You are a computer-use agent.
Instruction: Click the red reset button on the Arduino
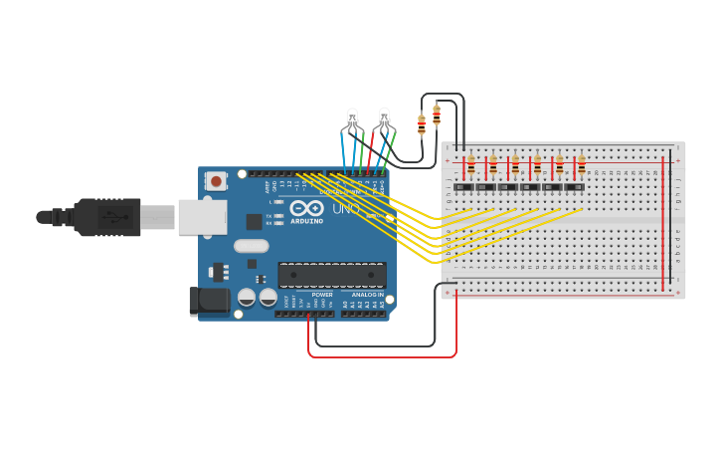[x=215, y=181]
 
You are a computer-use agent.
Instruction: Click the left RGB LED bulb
[x=352, y=118]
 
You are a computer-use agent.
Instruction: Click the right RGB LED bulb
[x=385, y=116]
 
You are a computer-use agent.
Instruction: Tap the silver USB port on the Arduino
[x=202, y=216]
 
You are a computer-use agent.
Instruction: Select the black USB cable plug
[x=109, y=217]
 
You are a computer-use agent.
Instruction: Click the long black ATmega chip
[x=332, y=275]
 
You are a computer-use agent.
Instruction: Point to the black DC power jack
[x=208, y=300]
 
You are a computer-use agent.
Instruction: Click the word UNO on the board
[x=345, y=209]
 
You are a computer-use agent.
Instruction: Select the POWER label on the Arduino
[x=322, y=295]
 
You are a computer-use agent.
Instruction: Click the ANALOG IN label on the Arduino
[x=367, y=295]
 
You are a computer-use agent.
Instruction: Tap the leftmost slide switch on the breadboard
[x=462, y=186]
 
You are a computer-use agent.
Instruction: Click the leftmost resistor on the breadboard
[x=470, y=164]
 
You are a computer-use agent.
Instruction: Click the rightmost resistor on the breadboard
[x=582, y=164]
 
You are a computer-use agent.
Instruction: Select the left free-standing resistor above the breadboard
[x=422, y=124]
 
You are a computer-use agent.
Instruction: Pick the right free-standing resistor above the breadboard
[x=437, y=113]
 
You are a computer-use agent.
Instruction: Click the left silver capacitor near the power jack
[x=246, y=297]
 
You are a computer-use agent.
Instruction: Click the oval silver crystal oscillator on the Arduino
[x=252, y=246]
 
